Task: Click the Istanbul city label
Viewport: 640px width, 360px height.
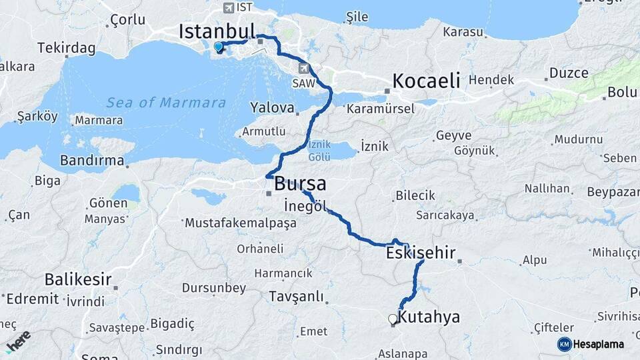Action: coord(217,31)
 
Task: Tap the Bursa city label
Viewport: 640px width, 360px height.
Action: coord(300,183)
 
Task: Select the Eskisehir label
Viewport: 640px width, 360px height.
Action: coord(420,253)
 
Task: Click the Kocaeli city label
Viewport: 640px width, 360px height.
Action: coord(426,81)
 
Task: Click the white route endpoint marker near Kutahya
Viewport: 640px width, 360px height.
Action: coord(393,319)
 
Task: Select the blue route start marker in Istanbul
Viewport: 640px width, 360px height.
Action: coord(218,47)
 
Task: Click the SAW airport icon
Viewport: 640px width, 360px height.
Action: coord(305,67)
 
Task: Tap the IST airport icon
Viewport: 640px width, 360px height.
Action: coord(229,8)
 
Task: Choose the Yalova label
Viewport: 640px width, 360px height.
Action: coord(272,107)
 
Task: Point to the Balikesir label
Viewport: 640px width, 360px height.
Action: coord(77,279)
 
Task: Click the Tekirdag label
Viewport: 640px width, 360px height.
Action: coord(67,48)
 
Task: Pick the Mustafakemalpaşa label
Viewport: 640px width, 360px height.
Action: coord(240,223)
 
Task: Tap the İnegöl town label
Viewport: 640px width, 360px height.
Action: coord(305,205)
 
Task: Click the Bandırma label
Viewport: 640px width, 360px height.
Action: coord(92,160)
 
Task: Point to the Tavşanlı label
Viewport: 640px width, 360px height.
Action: coord(296,296)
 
